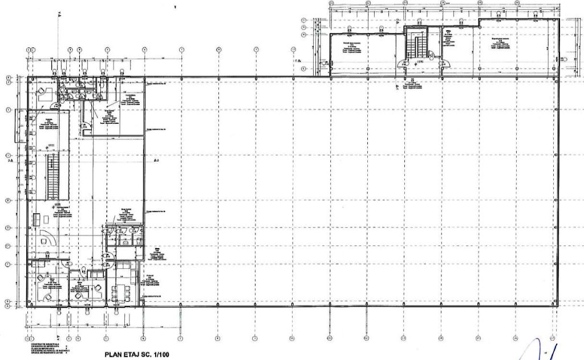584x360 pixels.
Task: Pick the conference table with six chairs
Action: (x=120, y=293)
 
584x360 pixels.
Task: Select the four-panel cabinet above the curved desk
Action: (x=38, y=219)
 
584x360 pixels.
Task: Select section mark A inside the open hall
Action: (x=157, y=161)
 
